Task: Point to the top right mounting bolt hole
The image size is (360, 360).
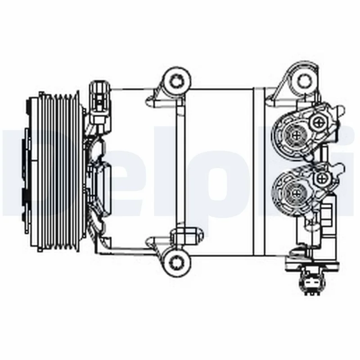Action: click(x=304, y=80)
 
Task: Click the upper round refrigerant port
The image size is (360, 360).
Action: click(x=295, y=134)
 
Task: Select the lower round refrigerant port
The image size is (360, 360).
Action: click(x=295, y=193)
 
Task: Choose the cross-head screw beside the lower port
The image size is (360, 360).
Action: click(x=322, y=178)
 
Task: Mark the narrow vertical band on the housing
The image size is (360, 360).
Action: click(x=258, y=171)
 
